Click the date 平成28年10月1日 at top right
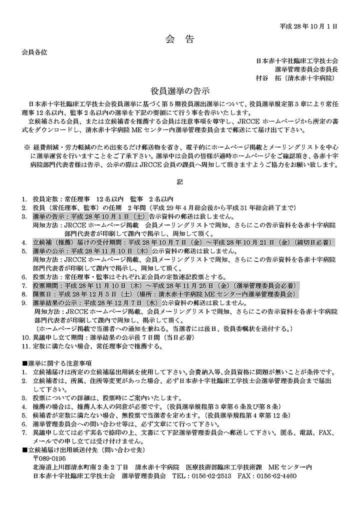pyautogui.click(x=308, y=24)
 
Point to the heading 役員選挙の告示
pyautogui.click(x=180, y=91)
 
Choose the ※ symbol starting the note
pyautogui.click(x=27, y=148)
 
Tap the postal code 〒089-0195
pyautogui.click(x=49, y=458)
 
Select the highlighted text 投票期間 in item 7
pyautogui.click(x=45, y=285)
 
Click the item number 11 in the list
pyautogui.click(x=25, y=346)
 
